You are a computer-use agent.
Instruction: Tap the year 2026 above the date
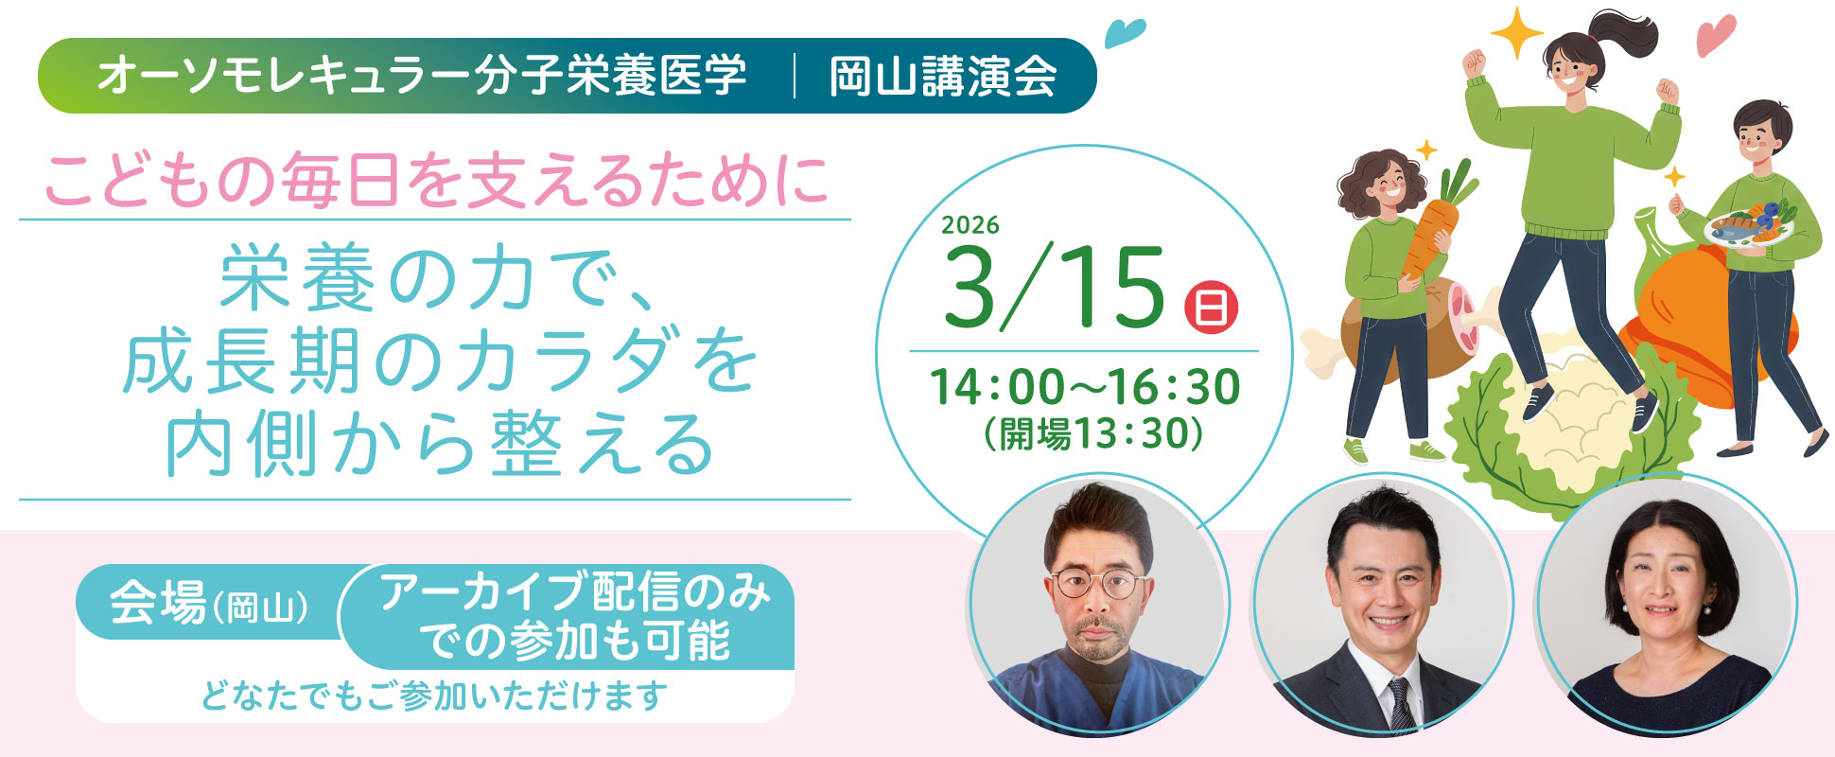[x=970, y=224]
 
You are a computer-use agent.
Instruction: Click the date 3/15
[x=1054, y=289]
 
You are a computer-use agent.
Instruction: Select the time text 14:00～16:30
[x=1085, y=387]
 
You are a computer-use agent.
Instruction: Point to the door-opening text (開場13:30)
[x=1092, y=434]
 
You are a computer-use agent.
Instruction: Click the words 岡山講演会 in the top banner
[x=943, y=77]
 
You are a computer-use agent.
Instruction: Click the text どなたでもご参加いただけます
[x=434, y=696]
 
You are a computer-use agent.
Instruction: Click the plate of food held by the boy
[x=1744, y=225]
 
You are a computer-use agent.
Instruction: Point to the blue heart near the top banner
[x=1125, y=33]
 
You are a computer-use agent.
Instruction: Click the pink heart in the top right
[x=1715, y=36]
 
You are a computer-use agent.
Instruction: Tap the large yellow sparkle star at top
[x=1517, y=34]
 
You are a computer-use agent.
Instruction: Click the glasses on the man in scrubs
[x=1097, y=583]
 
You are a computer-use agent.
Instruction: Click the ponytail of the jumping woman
[x=1627, y=38]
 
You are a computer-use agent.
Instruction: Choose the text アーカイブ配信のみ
[x=575, y=593]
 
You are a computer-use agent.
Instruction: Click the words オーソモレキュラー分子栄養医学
[x=422, y=77]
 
